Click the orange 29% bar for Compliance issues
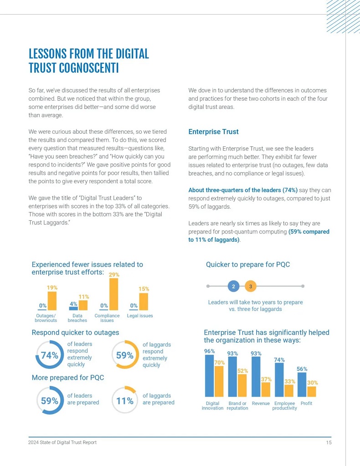pos(113,294)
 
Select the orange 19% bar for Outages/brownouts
pos(52,301)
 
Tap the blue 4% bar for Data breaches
pos(73,308)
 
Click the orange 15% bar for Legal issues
pos(144,301)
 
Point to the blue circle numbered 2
pos(233,286)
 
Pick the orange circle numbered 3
pos(251,286)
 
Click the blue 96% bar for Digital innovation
pos(209,376)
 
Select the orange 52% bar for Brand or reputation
pos(242,385)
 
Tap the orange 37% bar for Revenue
pos(266,389)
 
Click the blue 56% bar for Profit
pos(302,384)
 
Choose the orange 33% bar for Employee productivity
pos(289,391)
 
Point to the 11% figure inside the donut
pos(124,401)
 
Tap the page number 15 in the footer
pos(328,443)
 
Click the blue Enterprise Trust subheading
pos(213,132)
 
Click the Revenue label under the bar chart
pos(261,404)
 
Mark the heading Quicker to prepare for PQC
pos(248,264)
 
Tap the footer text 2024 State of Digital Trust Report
pos(62,443)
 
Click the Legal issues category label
pos(140,316)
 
